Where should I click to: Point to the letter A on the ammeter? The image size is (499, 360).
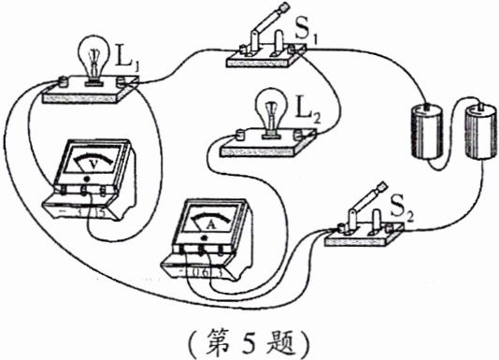pyautogui.click(x=210, y=223)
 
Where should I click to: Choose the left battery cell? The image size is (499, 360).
pyautogui.click(x=426, y=128)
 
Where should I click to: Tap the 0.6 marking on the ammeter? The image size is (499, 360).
pyautogui.click(x=199, y=271)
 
